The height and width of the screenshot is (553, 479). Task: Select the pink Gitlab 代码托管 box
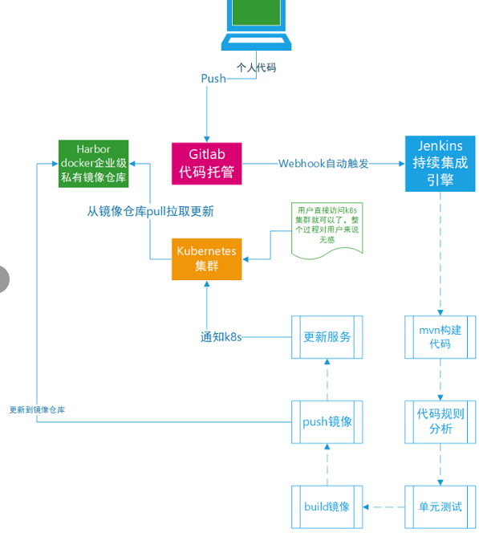(x=207, y=163)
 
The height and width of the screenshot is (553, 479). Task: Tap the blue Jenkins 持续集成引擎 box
(x=440, y=163)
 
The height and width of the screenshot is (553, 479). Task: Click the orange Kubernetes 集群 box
(x=207, y=258)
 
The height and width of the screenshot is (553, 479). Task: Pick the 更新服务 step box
(x=327, y=337)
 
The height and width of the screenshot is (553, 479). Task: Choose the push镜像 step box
(x=327, y=422)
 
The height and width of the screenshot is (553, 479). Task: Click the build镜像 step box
(x=327, y=506)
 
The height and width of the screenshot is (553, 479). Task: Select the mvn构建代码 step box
(x=440, y=337)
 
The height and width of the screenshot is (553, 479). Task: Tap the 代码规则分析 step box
(x=440, y=422)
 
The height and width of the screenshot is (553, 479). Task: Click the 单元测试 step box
(x=440, y=506)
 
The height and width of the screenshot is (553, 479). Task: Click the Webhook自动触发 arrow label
(x=323, y=164)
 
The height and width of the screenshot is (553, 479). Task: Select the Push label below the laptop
(x=213, y=79)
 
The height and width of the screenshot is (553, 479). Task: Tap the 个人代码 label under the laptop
(x=256, y=67)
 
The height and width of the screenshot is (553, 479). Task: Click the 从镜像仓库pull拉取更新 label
(x=150, y=212)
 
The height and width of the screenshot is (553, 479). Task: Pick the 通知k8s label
(x=221, y=337)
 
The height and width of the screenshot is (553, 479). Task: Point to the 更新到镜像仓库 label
(x=37, y=409)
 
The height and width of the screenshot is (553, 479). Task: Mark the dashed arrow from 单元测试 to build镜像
(x=384, y=507)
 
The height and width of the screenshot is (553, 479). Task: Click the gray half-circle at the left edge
(x=3, y=279)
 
